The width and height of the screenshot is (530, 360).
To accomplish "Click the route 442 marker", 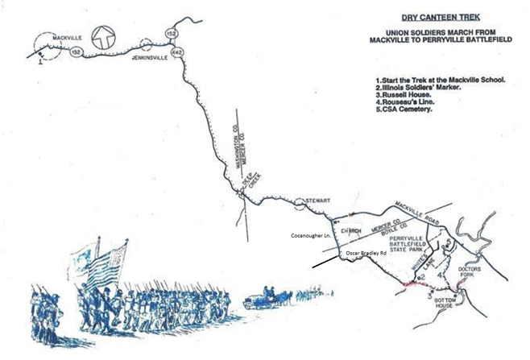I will pyautogui.click(x=177, y=52).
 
